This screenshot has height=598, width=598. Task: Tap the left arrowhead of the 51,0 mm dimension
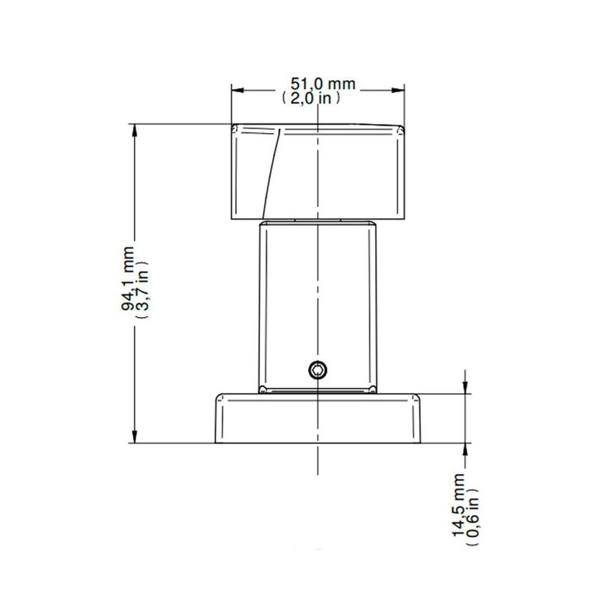pyautogui.click(x=236, y=90)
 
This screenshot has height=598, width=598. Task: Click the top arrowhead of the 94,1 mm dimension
pyautogui.click(x=135, y=129)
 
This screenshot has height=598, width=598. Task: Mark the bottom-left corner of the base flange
pyautogui.click(x=216, y=443)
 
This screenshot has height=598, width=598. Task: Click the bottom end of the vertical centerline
pyautogui.click(x=319, y=475)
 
